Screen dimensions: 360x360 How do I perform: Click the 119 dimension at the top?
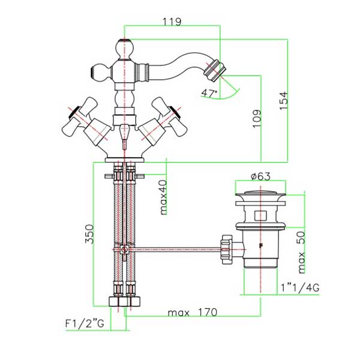point(172,22)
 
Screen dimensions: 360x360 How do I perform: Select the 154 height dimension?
point(284,101)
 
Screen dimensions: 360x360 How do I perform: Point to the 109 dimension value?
point(257,118)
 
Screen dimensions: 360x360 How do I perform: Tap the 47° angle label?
point(209,93)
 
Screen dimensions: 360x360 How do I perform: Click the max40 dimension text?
point(163,197)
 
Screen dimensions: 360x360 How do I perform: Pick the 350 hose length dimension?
point(89,234)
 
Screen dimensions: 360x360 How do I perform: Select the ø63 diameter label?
point(261,176)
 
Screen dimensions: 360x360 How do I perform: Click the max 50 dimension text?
point(301,252)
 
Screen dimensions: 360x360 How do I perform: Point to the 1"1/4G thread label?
point(300,288)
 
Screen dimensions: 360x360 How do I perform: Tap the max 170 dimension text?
point(193,313)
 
